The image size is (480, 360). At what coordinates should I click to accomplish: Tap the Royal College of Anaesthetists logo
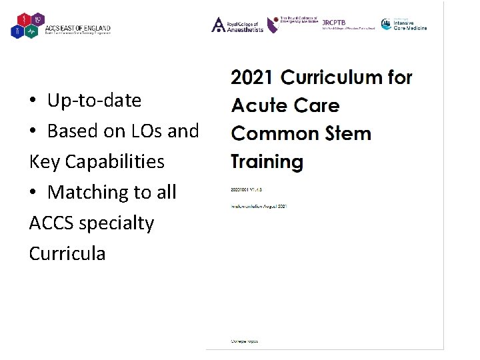tap(237, 25)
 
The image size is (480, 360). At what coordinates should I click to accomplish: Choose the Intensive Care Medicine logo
tap(404, 24)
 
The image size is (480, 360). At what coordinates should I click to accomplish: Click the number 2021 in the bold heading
tap(251, 77)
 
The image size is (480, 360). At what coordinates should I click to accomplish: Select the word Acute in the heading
tap(257, 105)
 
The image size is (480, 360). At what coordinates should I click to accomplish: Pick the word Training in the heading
tap(267, 161)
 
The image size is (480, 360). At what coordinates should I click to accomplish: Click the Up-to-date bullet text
tap(94, 101)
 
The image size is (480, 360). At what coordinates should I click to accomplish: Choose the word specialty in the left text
tap(117, 223)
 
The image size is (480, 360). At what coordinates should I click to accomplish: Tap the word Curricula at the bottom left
tap(67, 254)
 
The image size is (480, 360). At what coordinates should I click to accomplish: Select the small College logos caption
tap(245, 341)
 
